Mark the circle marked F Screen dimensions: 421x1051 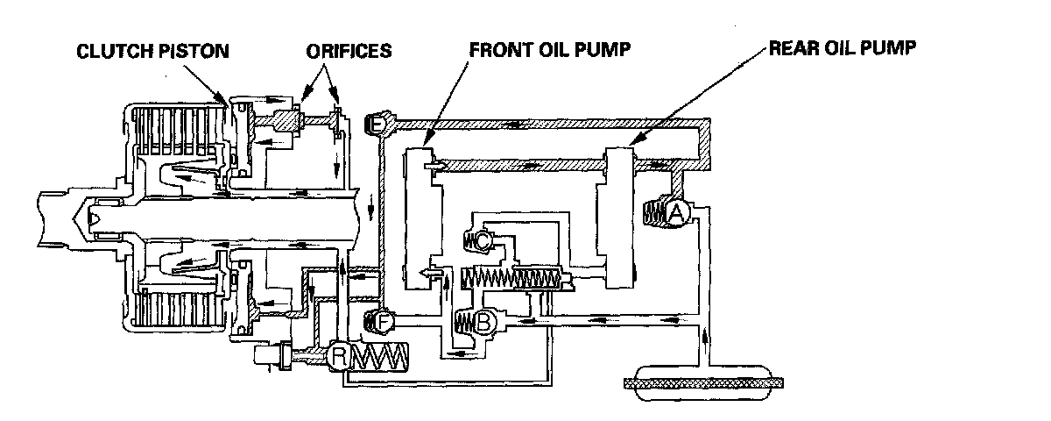click(x=384, y=322)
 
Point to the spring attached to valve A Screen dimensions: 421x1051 click(x=654, y=213)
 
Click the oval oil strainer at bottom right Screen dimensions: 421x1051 click(x=695, y=383)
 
